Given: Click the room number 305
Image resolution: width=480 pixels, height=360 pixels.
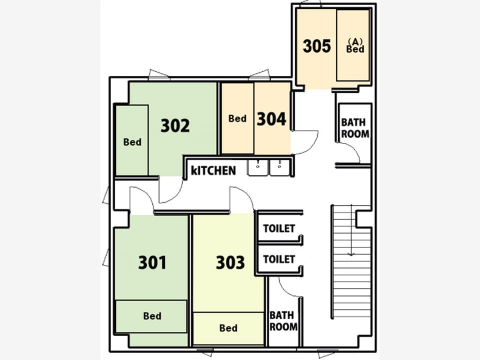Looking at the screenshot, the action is pos(317,46).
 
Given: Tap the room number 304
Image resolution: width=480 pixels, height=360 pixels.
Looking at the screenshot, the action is pos(271,119).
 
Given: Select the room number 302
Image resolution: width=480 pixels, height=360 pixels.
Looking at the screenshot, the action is pos(175,125).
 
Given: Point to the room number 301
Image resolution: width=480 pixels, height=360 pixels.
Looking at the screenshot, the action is pos(152,262).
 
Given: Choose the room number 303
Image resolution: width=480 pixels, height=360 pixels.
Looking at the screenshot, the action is pos(230,262).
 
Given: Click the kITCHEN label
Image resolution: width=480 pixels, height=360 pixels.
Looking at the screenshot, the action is pos(213,170).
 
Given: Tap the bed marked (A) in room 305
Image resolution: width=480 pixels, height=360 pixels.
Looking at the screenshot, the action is pos(353,45).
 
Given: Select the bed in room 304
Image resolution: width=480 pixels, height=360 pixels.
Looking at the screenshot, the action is pos(237,118).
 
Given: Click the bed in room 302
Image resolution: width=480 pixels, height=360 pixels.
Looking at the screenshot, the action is pos(132,140).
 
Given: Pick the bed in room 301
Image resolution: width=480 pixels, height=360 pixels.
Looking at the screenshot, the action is pos(151,316).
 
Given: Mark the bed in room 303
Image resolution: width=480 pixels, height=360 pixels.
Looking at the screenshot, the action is pos(228,328).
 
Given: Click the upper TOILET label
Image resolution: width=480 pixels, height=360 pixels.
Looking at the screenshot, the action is pos(279,228).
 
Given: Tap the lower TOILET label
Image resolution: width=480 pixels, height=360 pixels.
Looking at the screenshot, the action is pos(279,259).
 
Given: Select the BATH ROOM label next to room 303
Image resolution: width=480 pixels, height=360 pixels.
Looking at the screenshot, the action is pos(283,321).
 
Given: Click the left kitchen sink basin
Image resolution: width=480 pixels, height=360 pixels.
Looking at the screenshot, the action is pos(258,168).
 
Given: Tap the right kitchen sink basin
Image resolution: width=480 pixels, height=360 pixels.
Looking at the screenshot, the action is pos(279,168).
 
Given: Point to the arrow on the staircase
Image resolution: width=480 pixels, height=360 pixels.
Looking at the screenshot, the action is pos(351,230).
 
